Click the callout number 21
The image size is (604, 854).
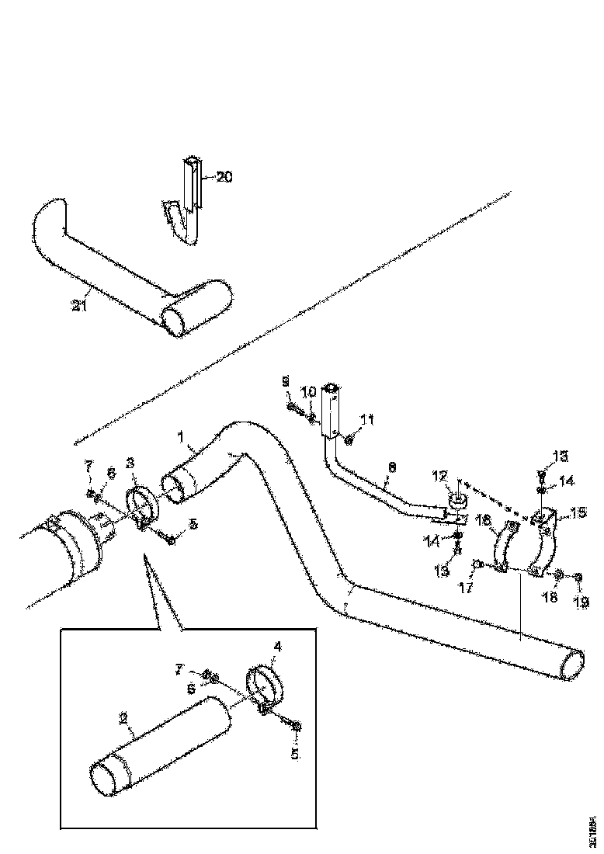pos(78,305)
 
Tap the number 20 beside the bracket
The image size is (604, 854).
pos(224,177)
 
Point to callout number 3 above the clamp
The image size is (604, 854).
pos(131,462)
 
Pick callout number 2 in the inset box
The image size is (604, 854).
pos(123,719)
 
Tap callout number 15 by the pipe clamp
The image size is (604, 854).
pos(578,513)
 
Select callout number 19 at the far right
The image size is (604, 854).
pos(581,601)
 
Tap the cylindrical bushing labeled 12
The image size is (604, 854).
pos(457,498)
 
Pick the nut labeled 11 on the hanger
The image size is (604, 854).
pos(348,440)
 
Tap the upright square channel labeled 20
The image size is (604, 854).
pos(192,182)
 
